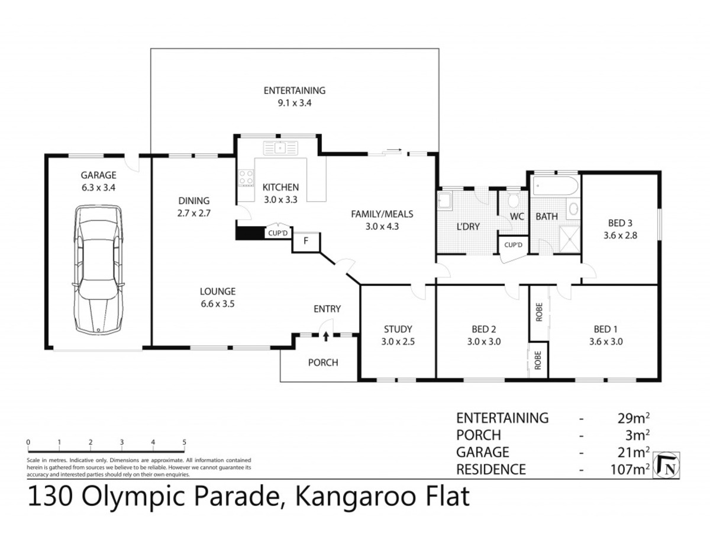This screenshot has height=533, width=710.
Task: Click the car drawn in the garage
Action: tap(99, 269)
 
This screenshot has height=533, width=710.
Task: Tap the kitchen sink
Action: tap(280, 148)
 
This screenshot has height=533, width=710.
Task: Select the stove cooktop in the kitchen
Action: tap(246, 178)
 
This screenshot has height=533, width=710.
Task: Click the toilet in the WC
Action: tap(513, 200)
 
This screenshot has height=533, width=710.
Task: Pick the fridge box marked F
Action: tap(306, 241)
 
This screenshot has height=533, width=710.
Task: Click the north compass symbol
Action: tap(666, 465)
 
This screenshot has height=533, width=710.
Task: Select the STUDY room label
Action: tap(398, 329)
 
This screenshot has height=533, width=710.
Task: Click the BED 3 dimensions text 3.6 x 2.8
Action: tap(620, 235)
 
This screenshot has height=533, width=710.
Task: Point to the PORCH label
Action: tap(323, 362)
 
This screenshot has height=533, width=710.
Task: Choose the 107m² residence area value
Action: tap(630, 469)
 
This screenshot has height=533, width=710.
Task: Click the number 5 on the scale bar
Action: tap(184, 442)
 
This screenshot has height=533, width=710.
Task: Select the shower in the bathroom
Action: tap(570, 239)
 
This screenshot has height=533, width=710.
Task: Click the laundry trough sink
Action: tap(444, 200)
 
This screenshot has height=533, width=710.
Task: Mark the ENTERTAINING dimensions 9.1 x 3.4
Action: tap(294, 103)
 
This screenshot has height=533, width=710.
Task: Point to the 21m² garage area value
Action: tap(633, 452)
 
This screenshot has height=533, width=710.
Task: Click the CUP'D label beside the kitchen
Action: tap(277, 233)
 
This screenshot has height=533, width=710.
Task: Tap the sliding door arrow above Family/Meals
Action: tap(394, 149)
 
